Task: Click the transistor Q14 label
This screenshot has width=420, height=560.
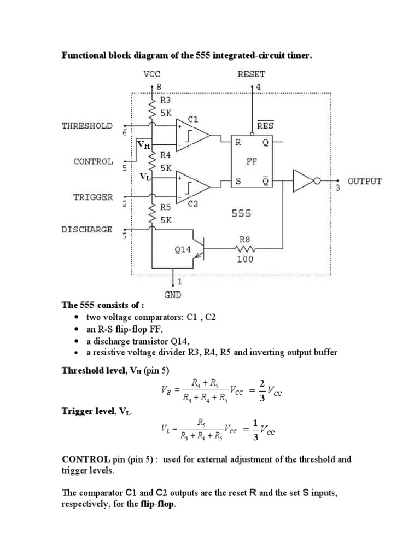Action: pos(182,249)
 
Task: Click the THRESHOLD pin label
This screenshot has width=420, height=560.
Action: pos(87,125)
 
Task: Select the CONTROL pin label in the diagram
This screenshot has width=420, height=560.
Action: pos(93,161)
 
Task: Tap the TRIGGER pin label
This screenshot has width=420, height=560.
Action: pos(93,197)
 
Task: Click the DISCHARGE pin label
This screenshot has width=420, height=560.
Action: pos(87,229)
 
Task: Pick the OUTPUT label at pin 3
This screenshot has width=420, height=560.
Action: pos(365,181)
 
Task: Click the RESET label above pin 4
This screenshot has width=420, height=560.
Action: pos(252,74)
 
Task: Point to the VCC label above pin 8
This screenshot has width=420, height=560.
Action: pos(151,74)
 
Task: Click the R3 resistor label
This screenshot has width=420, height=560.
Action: pos(166,100)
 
